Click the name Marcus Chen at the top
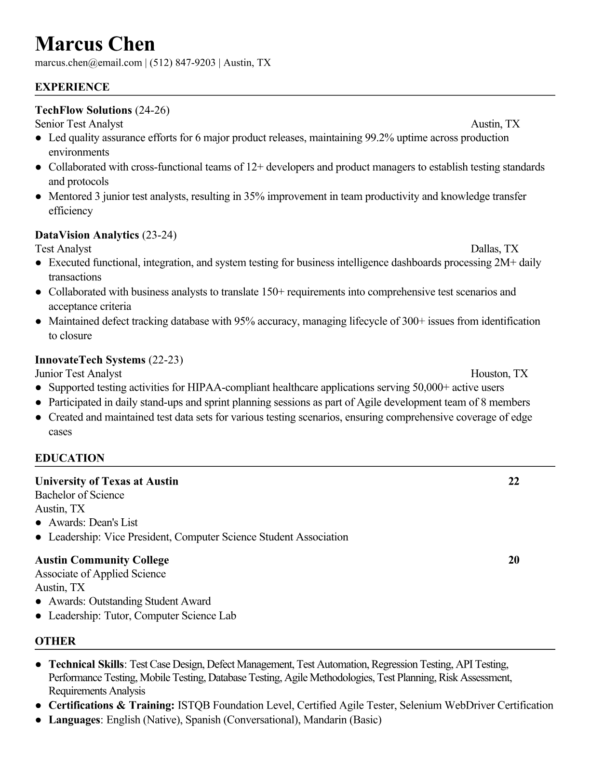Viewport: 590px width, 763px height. [95, 44]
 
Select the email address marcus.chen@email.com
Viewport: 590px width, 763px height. [88, 63]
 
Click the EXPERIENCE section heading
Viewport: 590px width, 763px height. [72, 87]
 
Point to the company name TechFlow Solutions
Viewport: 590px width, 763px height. [83, 110]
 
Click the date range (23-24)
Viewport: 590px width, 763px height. [159, 235]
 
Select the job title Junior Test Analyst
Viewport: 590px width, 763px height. [78, 374]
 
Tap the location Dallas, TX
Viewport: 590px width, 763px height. [495, 249]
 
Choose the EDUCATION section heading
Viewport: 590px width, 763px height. [69, 458]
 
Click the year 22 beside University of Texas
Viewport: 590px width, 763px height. [514, 481]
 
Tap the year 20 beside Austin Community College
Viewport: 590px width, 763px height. [514, 560]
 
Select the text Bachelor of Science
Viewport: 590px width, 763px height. [80, 495]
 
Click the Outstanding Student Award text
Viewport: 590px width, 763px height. [150, 602]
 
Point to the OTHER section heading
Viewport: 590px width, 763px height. [55, 641]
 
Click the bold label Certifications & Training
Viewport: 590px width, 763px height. [111, 706]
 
